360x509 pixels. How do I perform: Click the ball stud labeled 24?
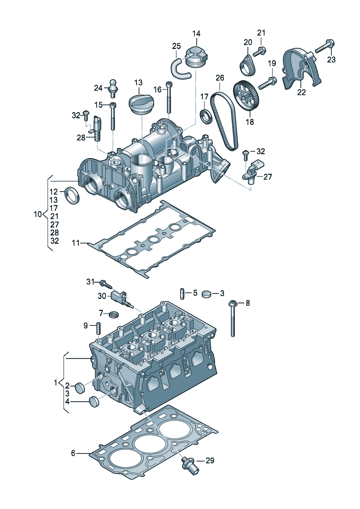tap(113, 89)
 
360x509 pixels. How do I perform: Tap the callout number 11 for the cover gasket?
tap(76, 243)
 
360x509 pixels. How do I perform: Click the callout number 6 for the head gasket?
tap(73, 453)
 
